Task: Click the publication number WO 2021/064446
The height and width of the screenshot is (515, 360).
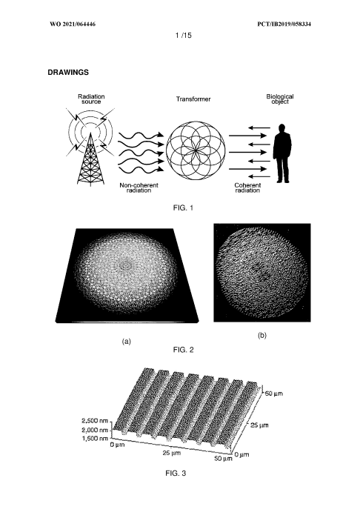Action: pos(73,24)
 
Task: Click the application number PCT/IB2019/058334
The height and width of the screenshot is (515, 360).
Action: pos(284,24)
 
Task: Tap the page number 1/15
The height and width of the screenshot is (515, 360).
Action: pos(183,35)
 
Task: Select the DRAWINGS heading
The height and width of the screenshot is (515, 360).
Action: pos(68,73)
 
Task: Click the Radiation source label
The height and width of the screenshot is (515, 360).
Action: pos(91,99)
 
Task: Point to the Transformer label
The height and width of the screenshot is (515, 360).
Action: pos(193,99)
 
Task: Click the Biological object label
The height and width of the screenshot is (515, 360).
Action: pos(280,99)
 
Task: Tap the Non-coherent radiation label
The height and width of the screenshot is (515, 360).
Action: pos(139,187)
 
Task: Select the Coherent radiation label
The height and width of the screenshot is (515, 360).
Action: pos(247,187)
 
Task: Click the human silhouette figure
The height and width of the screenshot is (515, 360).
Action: pos(282,153)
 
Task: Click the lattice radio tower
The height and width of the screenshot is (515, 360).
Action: pos(90,160)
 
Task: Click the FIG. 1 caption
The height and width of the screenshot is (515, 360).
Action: pos(183,207)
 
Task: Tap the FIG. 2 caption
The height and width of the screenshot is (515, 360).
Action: pos(183,350)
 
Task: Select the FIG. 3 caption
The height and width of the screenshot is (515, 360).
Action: pos(176,474)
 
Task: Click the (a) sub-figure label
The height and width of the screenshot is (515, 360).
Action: pos(127,342)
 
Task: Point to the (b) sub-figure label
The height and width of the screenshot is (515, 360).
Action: pos(262,336)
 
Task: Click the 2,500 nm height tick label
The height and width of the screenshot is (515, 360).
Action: pos(95,421)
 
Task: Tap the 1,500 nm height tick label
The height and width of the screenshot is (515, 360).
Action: pos(95,439)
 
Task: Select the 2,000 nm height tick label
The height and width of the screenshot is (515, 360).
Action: pos(95,430)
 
